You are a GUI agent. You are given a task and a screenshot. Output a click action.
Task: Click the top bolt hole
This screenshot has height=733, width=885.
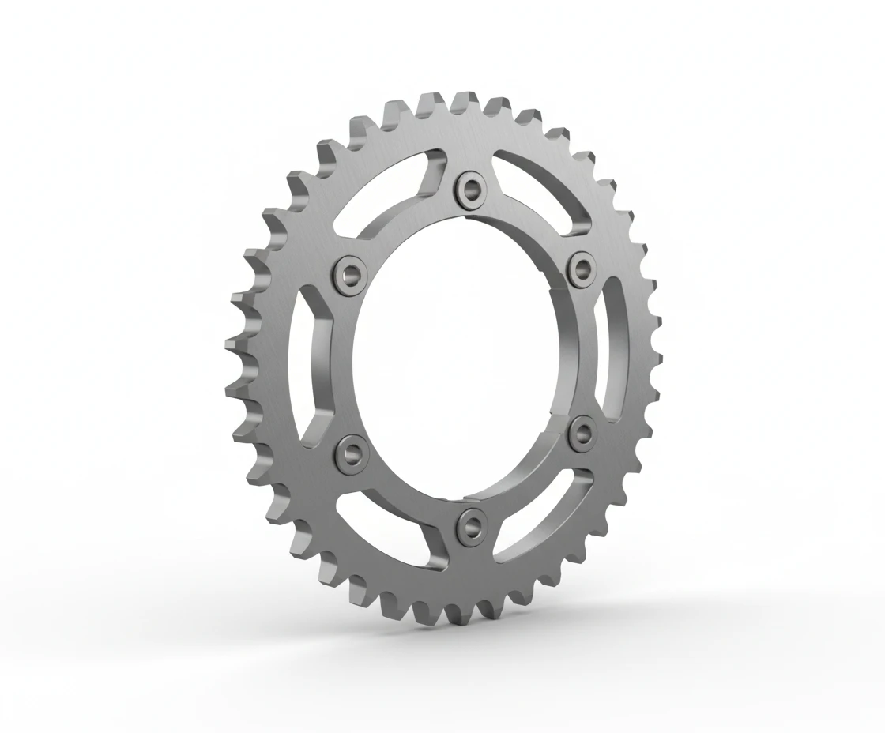[473, 188]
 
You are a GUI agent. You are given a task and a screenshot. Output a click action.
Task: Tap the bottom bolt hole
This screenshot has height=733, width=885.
[473, 522]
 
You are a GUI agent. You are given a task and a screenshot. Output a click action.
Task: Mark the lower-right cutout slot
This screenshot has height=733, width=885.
[545, 513]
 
